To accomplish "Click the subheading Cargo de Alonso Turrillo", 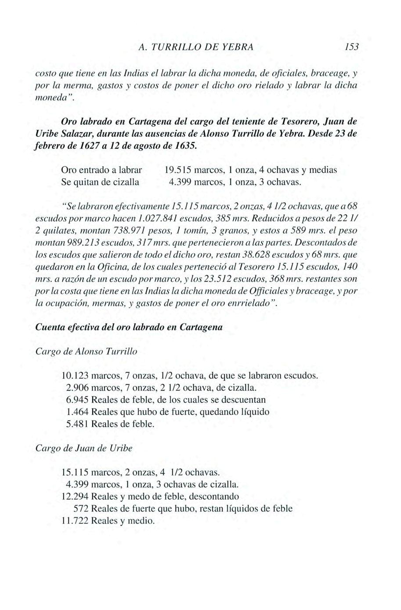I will pyautogui.click(x=86, y=351).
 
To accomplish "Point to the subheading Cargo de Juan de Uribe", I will pyautogui.click(x=83, y=449).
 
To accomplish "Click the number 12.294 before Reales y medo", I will pyautogui.click(x=76, y=497).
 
